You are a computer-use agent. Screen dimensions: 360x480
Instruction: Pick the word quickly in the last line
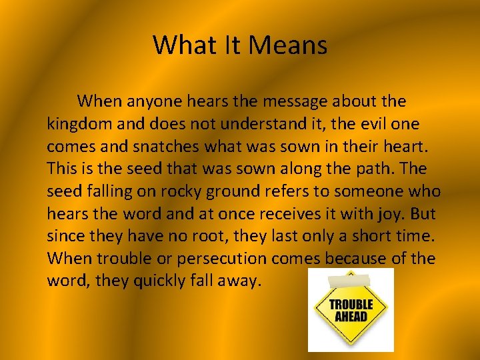point(161,281)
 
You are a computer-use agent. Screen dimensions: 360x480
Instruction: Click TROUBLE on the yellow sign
point(351,304)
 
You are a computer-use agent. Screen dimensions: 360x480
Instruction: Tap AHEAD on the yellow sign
point(351,316)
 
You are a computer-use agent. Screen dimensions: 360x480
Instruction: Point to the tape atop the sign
point(350,275)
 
